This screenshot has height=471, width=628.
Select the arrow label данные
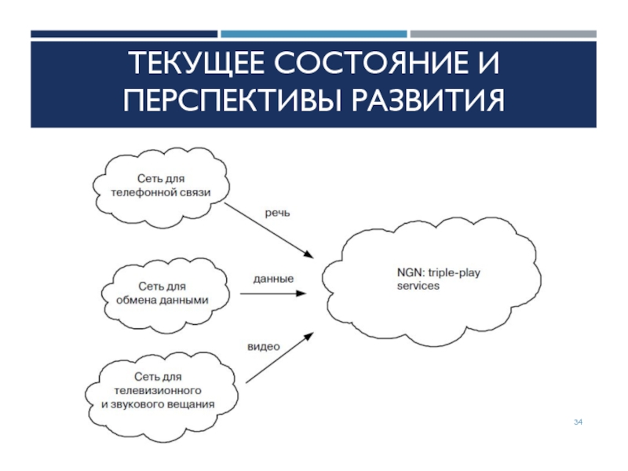click(273, 279)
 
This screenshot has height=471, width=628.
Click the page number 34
click(578, 423)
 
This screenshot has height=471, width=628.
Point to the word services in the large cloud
click(418, 287)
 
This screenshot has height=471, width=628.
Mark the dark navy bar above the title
click(124, 34)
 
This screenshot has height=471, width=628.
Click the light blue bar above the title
click(314, 34)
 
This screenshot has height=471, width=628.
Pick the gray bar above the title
click(503, 34)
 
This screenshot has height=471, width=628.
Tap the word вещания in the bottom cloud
click(189, 405)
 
